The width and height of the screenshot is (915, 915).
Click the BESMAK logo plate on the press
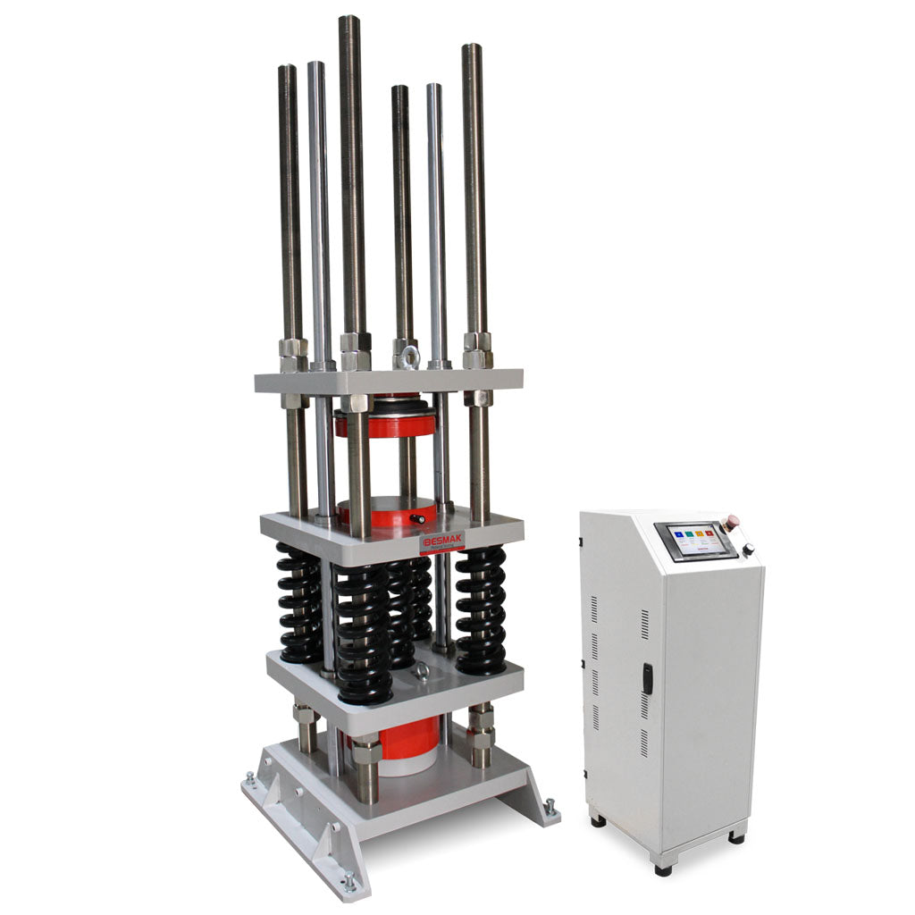pyautogui.click(x=441, y=542)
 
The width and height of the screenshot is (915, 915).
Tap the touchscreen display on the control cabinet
pyautogui.click(x=696, y=541)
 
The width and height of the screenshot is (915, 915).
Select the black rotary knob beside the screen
pyautogui.click(x=747, y=550)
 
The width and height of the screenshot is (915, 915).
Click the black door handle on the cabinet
pyautogui.click(x=648, y=678)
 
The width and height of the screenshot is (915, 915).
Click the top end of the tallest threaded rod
pyautogui.click(x=349, y=20)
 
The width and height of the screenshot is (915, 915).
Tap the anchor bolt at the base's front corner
pyautogui.click(x=348, y=882)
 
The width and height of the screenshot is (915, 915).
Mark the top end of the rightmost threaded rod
pyautogui.click(x=472, y=48)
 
